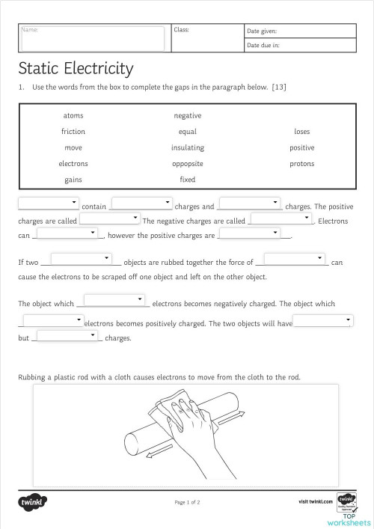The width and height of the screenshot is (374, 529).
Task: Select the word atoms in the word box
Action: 73,115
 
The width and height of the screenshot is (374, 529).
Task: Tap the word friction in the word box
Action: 73,132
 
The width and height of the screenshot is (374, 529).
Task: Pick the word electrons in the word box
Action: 73,164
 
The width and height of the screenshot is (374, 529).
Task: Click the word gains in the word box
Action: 73,180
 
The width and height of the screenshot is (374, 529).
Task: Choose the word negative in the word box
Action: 187,115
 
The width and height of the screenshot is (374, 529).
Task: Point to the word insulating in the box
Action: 187,147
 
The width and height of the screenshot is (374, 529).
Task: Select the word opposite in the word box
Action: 187,164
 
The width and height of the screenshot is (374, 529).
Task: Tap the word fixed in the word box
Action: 187,180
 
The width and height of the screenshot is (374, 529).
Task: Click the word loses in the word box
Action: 301,132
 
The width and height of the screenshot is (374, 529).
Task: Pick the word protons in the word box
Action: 301,164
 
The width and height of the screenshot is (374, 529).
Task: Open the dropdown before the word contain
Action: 49,202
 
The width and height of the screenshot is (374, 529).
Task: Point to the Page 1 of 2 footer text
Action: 187,502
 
